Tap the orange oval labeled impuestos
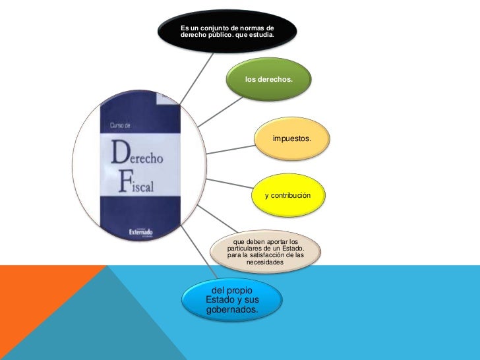292,140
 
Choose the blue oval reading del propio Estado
231,300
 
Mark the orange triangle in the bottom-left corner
33,310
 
